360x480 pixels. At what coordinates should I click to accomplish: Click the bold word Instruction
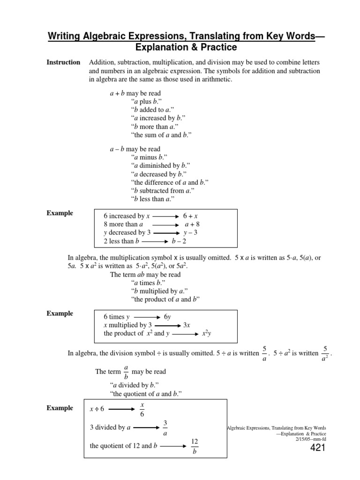point(63,62)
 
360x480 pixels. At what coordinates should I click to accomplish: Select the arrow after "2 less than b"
point(155,242)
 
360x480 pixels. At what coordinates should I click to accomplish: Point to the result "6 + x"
point(190,216)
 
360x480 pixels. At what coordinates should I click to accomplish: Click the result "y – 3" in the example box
point(190,232)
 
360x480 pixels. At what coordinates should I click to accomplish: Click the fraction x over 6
point(142,409)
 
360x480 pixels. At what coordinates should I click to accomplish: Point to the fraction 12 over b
point(195,446)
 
